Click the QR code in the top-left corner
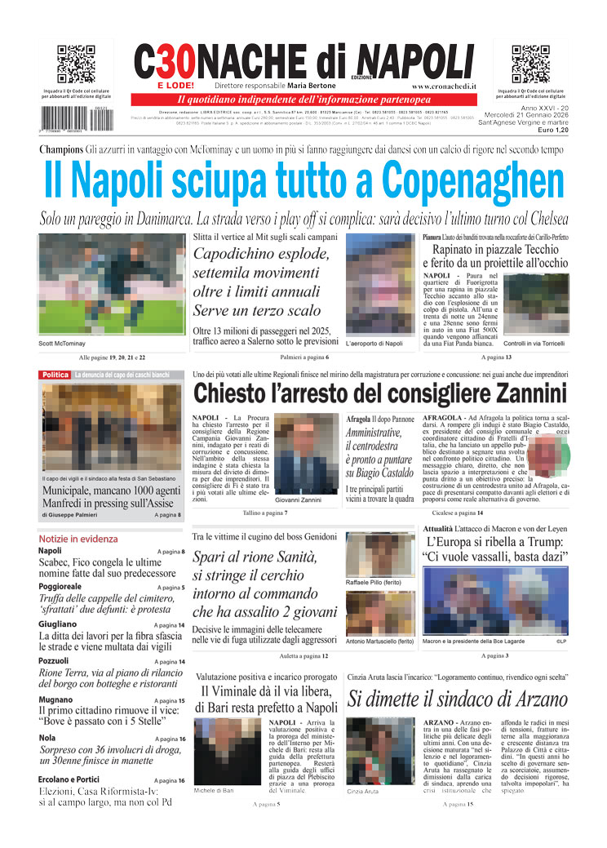(x=76, y=64)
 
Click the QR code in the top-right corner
(x=530, y=64)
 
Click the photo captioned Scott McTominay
(x=113, y=285)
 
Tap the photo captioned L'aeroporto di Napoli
(x=379, y=285)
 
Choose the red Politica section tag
(x=55, y=375)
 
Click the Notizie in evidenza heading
(x=78, y=539)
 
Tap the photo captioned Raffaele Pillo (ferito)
(x=379, y=555)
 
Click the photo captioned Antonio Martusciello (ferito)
(x=379, y=614)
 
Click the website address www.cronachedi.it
(x=445, y=86)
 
